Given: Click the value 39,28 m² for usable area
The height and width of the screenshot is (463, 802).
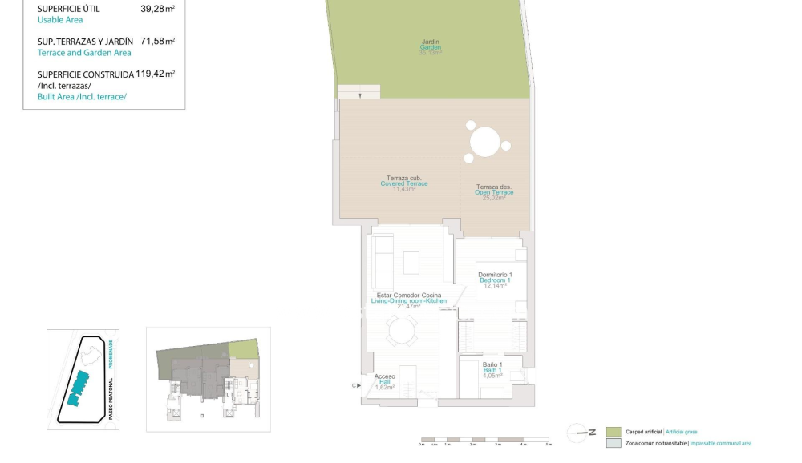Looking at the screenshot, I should (x=158, y=9).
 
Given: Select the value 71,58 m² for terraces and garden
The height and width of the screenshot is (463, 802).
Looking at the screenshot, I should (x=158, y=41).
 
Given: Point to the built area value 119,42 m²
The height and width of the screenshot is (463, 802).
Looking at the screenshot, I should (x=156, y=74).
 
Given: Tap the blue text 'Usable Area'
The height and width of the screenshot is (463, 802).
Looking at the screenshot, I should (x=60, y=20).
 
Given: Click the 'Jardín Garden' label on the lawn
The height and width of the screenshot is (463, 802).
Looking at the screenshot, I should (x=431, y=46).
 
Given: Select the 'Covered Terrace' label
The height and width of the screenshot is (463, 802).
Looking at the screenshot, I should (x=404, y=183).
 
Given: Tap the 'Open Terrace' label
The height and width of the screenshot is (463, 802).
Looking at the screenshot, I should (x=493, y=192).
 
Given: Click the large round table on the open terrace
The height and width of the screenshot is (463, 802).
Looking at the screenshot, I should (x=485, y=143).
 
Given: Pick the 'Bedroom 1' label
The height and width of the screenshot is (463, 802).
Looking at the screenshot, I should (x=495, y=280).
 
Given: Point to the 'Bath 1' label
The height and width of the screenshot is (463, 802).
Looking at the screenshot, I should (x=492, y=369).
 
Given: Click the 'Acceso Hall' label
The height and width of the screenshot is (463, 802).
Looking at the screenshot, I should (x=385, y=380).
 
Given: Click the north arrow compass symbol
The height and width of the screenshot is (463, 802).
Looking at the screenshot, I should (x=581, y=433).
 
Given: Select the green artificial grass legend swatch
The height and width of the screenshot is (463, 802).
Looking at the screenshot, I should (x=614, y=432).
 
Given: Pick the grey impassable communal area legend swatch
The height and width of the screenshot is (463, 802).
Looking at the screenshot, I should (x=614, y=443).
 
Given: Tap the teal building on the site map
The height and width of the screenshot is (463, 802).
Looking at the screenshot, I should (x=78, y=387).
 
